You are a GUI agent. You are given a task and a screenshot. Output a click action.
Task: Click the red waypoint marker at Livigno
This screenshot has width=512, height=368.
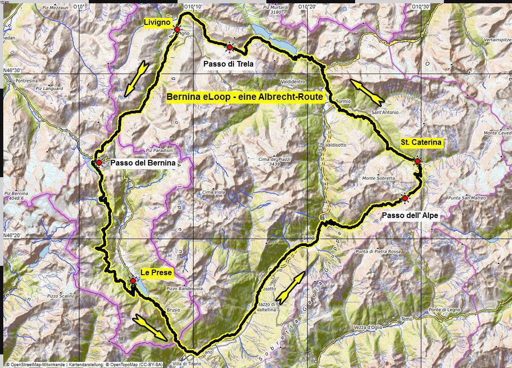tap(177, 30)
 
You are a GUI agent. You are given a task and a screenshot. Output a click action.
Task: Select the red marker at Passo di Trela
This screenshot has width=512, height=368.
tap(229, 47)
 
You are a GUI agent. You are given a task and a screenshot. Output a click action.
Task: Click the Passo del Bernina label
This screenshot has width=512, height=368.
tap(142, 163)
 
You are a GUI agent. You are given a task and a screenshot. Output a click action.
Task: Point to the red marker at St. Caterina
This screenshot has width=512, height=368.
tap(418, 161)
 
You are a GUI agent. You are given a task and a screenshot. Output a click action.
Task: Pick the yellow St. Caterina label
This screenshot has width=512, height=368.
tap(421, 143)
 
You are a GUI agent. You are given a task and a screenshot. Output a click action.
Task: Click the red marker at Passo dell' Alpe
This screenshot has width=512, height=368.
tap(405, 198)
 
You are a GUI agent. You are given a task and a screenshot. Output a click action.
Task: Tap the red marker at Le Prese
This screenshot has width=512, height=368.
tap(133, 281)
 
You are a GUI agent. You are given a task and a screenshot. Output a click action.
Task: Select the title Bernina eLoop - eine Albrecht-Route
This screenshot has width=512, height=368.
tap(245, 97)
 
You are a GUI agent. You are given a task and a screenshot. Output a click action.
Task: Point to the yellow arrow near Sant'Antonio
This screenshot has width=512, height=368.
tap(368, 91)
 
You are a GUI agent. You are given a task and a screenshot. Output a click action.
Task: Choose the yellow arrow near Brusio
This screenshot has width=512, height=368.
tap(150, 327)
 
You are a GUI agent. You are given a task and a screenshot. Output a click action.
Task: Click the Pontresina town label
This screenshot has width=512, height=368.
tap(26, 81)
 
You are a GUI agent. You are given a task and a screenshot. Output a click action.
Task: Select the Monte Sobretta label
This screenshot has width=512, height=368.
tap(378, 178)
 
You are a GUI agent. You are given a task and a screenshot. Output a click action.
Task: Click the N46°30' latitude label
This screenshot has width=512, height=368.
tap(13, 71)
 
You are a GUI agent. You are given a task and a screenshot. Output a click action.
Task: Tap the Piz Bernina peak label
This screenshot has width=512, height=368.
tap(16, 194)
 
